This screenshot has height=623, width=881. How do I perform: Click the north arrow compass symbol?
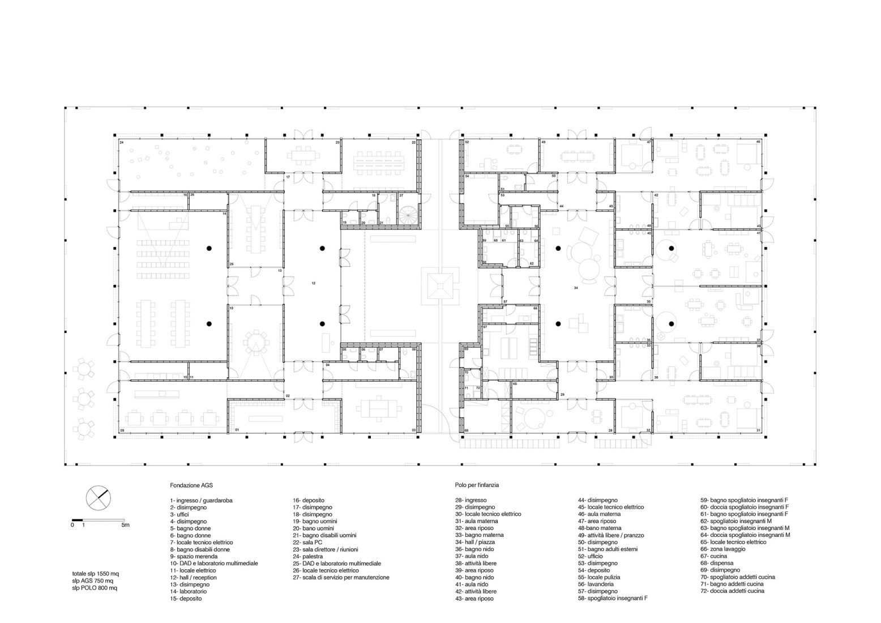[x=98, y=498]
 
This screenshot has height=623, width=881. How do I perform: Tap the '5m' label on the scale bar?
[x=125, y=525]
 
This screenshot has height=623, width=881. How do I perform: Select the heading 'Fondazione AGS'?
[x=191, y=485]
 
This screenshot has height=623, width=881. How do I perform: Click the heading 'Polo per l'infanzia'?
[x=476, y=485]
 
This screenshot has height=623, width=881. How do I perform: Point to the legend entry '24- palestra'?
[x=309, y=556]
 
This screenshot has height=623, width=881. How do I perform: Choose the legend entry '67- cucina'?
[x=717, y=556]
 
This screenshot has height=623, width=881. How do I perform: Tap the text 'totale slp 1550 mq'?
[x=95, y=574]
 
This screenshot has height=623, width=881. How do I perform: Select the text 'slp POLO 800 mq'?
[x=95, y=588]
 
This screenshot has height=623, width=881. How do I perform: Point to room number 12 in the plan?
[x=313, y=283]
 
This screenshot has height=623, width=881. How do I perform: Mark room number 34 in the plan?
[x=576, y=288]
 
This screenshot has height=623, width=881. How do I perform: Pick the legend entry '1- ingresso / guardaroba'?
[x=201, y=500]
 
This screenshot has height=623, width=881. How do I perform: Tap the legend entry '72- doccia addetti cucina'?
[x=732, y=591]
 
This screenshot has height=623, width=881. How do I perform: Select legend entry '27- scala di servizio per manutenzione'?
[x=341, y=577]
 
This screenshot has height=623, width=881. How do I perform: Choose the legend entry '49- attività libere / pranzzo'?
[x=610, y=535]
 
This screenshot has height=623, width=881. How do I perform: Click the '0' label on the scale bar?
[x=72, y=525]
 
